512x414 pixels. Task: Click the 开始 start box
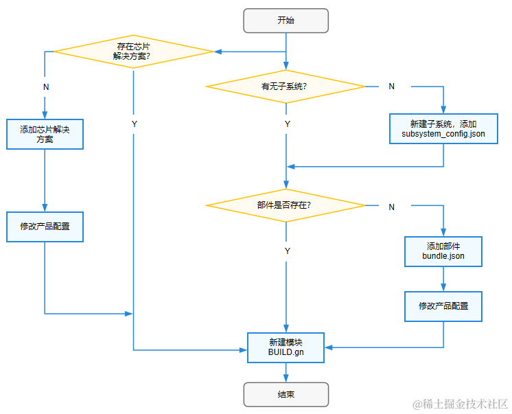point(286,21)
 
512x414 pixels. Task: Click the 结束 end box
point(286,395)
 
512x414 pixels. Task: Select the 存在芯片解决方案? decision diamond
point(134,51)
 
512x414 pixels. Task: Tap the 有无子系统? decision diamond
point(286,87)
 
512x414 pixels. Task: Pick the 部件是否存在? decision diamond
point(286,205)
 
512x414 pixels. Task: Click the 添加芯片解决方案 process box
point(45,134)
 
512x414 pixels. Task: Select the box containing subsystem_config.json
point(443,128)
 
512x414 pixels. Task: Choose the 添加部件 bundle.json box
point(443,251)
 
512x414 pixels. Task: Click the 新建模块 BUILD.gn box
point(286,347)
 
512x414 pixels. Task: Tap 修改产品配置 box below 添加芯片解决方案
point(45,227)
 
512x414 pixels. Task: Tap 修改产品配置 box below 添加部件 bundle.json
point(443,306)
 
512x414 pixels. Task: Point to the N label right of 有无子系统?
point(391,87)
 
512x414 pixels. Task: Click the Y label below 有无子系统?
point(287,124)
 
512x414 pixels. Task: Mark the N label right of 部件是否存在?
point(391,207)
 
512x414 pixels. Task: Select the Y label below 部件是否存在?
point(287,251)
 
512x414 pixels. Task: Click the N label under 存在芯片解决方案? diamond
point(45,87)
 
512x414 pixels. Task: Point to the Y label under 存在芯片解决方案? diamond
point(134,124)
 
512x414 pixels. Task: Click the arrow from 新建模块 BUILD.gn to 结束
point(286,373)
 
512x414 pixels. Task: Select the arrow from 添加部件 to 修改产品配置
point(443,279)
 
